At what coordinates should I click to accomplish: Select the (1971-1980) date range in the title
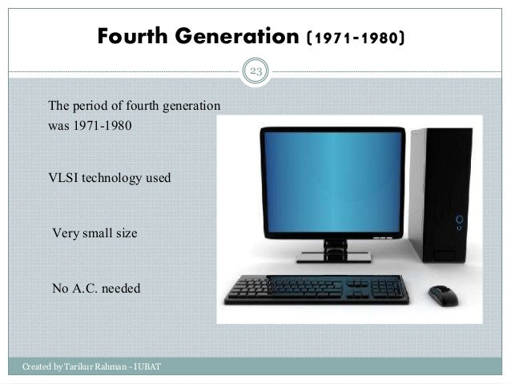coord(356,38)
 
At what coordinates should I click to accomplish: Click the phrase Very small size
coord(95,234)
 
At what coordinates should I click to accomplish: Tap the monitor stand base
coord(333,257)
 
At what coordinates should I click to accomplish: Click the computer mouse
coord(443,294)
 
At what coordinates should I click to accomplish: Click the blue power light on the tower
coord(459,217)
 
